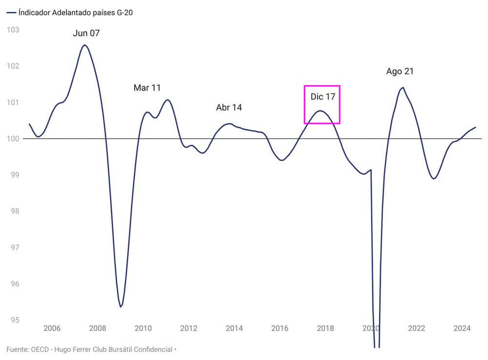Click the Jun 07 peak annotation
tap(86, 33)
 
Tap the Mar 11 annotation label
tap(147, 88)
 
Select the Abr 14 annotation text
tap(229, 107)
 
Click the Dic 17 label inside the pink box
tap(323, 97)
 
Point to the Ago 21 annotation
tap(400, 71)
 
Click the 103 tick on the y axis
tap(13, 30)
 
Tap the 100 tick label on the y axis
tap(13, 139)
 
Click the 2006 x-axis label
tap(52, 328)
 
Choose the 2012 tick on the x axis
tap(189, 328)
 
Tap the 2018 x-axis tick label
tap(325, 328)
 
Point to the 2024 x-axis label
tap(462, 328)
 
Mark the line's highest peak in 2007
tap(84, 45)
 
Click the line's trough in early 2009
tap(121, 307)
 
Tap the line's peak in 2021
tap(403, 87)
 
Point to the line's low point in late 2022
tap(434, 179)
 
